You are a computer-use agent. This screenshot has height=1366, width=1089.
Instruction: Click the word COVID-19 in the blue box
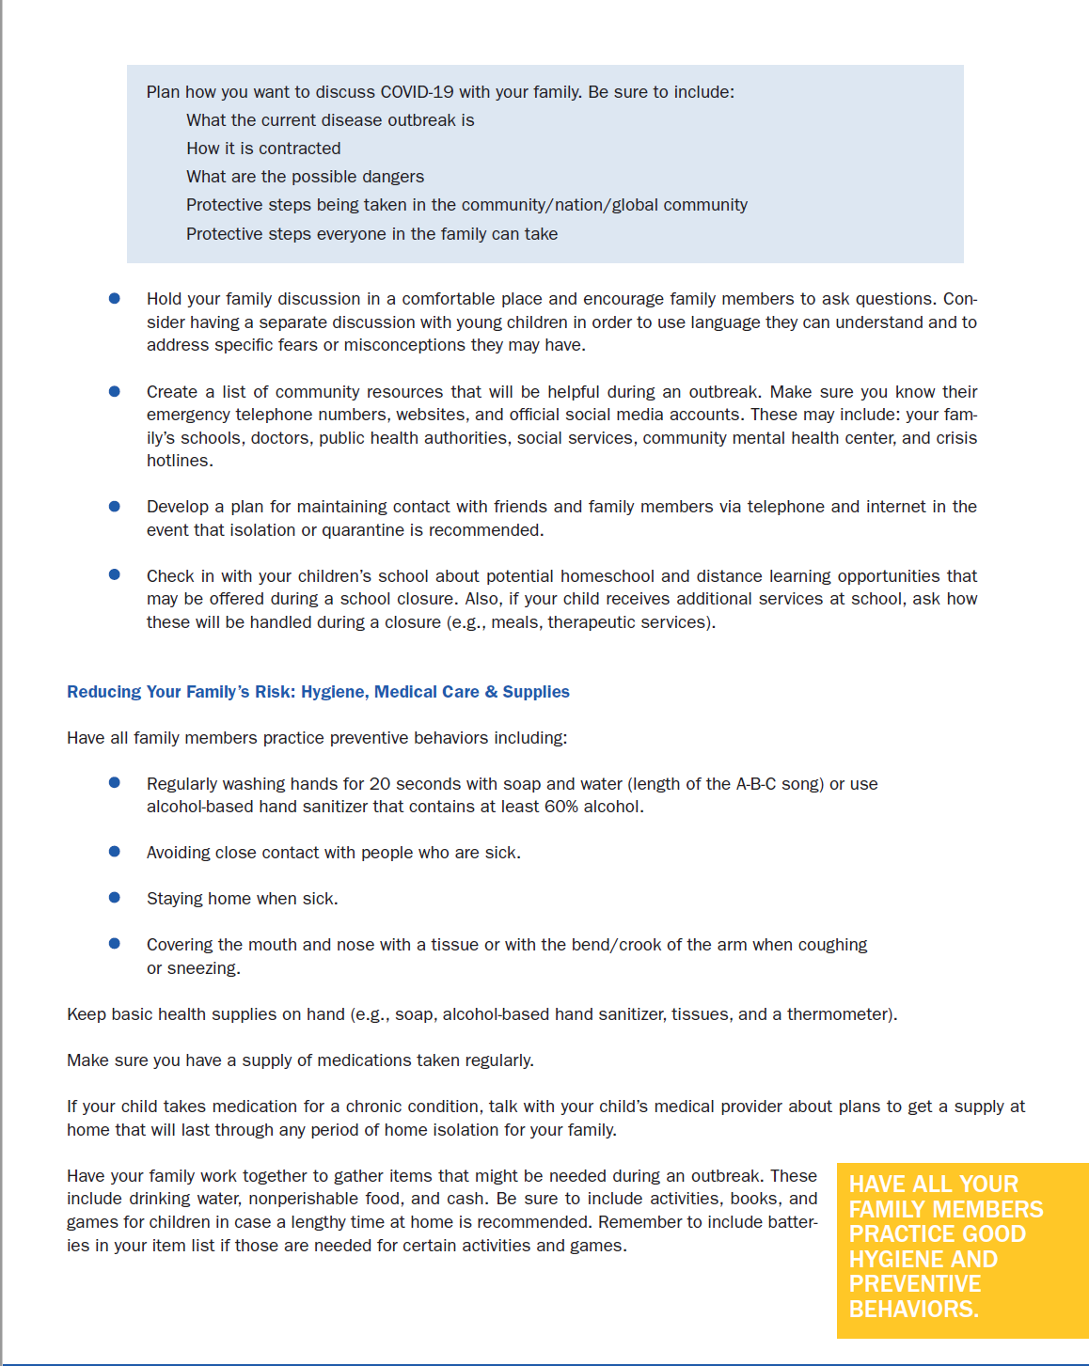click(417, 92)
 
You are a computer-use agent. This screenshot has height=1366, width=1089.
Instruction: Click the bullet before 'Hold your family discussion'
click(115, 298)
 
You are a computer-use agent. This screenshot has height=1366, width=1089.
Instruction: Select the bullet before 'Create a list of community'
click(115, 391)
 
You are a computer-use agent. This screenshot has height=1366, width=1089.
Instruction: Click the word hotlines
click(179, 461)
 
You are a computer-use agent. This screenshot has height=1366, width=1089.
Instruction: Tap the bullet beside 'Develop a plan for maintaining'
click(115, 506)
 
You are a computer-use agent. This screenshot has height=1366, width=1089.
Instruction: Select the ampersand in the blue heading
click(491, 692)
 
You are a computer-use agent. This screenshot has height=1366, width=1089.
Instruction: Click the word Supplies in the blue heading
click(536, 692)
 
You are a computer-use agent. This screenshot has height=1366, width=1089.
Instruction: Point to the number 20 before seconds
click(380, 784)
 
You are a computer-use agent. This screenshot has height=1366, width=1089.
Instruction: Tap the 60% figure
click(561, 807)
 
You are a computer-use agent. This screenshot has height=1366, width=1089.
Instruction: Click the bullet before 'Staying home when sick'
click(115, 898)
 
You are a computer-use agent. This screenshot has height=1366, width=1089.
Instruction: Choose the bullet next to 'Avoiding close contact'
click(115, 852)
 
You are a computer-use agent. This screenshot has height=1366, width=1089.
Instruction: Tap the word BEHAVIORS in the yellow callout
click(912, 1310)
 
